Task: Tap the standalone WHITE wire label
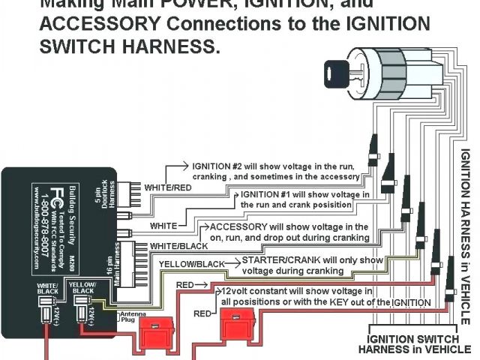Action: coord(163,225)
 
